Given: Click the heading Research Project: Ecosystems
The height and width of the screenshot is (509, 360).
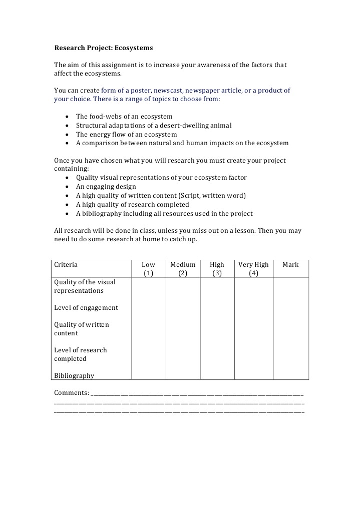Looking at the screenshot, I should click(103, 48).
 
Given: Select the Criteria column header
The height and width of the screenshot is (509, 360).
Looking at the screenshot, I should click(66, 265).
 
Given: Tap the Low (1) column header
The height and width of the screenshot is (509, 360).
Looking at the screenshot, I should click(148, 269).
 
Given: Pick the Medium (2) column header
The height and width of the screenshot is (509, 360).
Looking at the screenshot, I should click(183, 269).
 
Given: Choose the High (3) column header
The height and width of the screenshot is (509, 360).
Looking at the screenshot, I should click(217, 269).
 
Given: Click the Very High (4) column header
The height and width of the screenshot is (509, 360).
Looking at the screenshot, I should click(253, 269).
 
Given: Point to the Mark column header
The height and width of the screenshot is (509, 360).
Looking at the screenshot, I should click(290, 265).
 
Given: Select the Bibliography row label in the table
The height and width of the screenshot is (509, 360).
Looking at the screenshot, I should click(74, 375).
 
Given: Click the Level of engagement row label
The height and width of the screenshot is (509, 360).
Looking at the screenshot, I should click(86, 308).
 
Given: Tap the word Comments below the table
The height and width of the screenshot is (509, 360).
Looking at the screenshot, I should click(71, 392).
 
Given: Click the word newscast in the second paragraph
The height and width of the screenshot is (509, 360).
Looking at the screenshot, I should click(168, 91).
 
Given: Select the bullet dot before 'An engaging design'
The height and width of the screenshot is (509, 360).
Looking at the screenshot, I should click(68, 187).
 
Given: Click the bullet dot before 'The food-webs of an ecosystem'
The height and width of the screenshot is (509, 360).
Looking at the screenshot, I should click(68, 117).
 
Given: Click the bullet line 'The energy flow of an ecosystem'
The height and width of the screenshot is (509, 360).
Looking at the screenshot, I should click(126, 134).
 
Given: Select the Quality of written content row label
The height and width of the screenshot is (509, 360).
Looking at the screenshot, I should click(81, 329).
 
